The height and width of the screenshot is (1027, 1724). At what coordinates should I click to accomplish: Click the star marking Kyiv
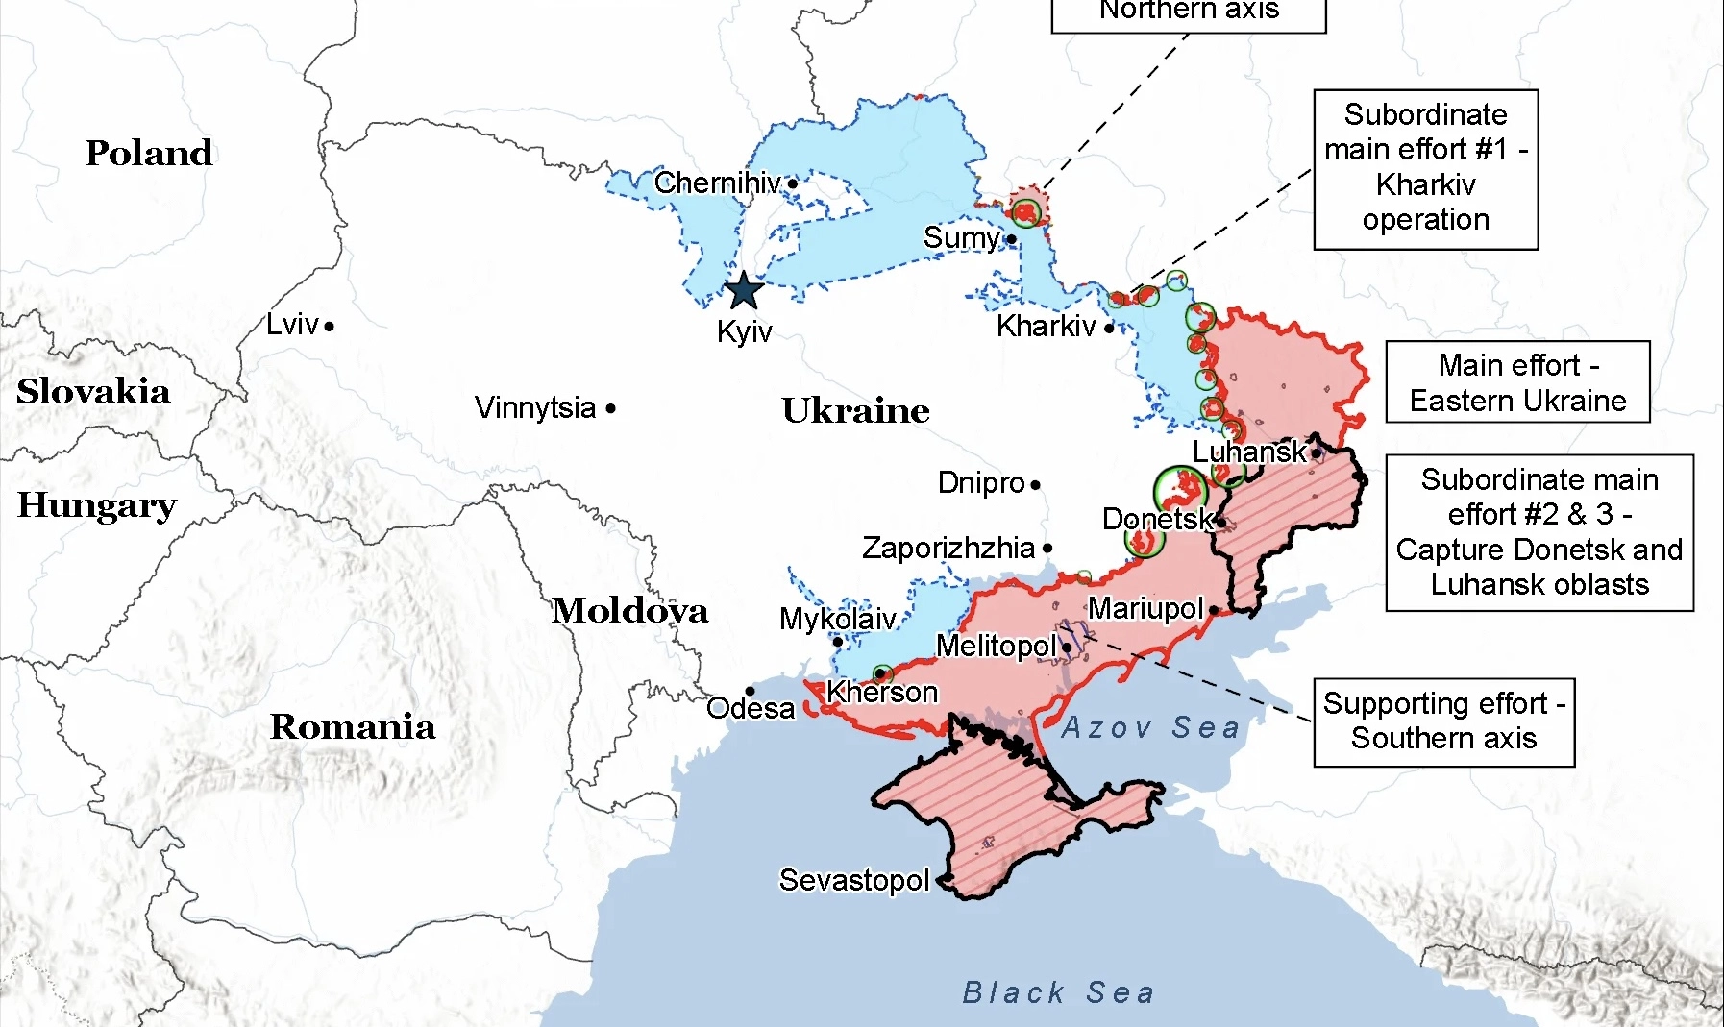pos(743,290)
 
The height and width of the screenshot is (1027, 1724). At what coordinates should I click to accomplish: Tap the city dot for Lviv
pos(329,327)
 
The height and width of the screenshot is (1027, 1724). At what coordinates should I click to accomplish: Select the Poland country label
pos(149,153)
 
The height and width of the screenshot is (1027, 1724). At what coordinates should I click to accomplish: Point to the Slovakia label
pos(93,391)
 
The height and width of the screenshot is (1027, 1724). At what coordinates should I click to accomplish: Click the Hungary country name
pos(97,504)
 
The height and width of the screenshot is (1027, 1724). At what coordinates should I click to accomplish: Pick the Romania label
pos(352,726)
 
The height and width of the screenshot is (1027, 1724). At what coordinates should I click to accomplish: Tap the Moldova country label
pos(629,610)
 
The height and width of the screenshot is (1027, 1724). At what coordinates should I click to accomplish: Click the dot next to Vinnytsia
pos(610,408)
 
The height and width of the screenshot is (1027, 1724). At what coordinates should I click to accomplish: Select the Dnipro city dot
pos(1035,484)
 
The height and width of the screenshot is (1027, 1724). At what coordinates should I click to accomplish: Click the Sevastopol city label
pos(853,880)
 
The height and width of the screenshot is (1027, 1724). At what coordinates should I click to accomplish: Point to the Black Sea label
pos(1058,992)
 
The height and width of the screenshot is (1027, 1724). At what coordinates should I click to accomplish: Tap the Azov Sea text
pos(1149,727)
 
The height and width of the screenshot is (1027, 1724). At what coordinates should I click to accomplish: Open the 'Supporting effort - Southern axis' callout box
pos(1443,721)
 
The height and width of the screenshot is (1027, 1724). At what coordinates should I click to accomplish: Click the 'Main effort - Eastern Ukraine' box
pos(1516,382)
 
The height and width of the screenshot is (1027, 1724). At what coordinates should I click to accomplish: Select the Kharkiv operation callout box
pos(1425,169)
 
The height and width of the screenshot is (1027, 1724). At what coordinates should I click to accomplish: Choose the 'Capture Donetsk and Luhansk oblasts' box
pos(1539,532)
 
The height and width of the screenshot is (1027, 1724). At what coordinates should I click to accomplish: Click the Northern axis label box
pos(1189,13)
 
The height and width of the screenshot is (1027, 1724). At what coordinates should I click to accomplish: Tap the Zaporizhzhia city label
pos(948,548)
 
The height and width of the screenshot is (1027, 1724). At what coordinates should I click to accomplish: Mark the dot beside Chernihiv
pos(792,183)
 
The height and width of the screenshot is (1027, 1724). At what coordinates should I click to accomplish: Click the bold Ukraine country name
pos(855,410)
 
